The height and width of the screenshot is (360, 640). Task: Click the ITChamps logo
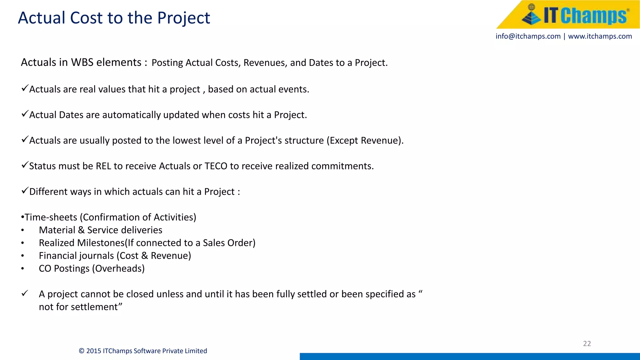[574, 15]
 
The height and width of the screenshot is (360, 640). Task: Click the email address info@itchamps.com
[528, 36]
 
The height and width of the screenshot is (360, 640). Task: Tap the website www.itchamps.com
[600, 36]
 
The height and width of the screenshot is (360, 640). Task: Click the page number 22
[587, 343]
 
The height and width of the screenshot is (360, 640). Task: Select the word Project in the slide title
[183, 18]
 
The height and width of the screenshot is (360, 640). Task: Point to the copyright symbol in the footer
[82, 351]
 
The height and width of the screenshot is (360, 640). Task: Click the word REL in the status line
[103, 166]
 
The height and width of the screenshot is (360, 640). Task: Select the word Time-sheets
[51, 217]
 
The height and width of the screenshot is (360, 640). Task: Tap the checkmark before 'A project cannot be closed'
[25, 293]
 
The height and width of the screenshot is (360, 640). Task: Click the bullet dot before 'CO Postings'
[22, 269]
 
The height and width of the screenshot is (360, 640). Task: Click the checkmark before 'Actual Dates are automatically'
[25, 114]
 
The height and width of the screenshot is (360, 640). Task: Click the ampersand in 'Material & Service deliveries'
[81, 230]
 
